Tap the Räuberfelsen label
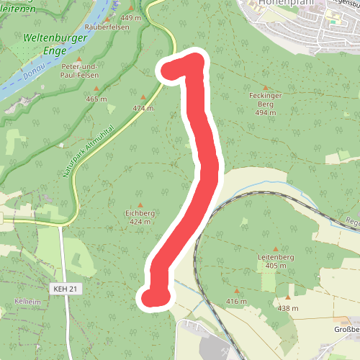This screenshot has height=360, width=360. [106, 27]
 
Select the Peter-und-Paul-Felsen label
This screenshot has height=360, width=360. [79, 71]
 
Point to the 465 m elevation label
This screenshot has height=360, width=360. [96, 99]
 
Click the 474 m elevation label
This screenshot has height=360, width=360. [143, 108]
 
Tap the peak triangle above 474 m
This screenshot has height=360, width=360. [143, 97]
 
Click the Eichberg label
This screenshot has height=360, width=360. [140, 217]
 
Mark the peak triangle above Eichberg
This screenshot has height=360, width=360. [140, 205]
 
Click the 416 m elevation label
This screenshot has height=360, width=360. [236, 300]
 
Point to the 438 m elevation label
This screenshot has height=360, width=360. [288, 308]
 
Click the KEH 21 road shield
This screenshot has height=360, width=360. [63, 289]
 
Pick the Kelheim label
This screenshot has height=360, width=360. [24, 300]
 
